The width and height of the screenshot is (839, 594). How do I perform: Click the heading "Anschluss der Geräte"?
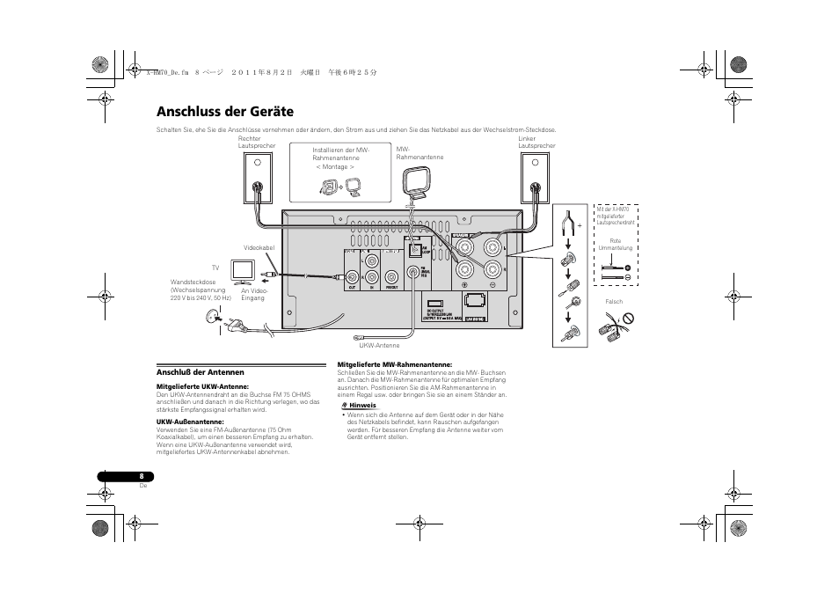pos(225,112)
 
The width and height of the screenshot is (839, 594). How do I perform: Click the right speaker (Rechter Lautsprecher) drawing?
pos(257,180)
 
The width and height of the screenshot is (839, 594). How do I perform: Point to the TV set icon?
pos(243,270)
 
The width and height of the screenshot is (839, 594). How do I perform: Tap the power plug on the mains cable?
pos(235,326)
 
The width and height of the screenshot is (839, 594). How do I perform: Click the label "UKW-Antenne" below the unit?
pos(379,346)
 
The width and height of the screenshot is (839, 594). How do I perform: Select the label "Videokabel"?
pos(259,247)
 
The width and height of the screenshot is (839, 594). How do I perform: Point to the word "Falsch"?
pos(614,302)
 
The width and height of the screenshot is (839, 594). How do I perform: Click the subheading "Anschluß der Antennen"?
pos(200,371)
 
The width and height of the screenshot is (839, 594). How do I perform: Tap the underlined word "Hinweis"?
pos(362,405)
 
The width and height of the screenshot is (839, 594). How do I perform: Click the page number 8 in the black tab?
pos(142,476)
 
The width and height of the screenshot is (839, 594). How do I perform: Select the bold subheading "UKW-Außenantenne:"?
pos(190,421)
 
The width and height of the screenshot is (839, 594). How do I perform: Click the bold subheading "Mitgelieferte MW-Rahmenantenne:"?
pos(395,364)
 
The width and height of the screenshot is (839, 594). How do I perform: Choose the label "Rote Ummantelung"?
pos(616,244)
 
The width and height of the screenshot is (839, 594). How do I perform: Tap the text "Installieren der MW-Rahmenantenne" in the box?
pos(341,154)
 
